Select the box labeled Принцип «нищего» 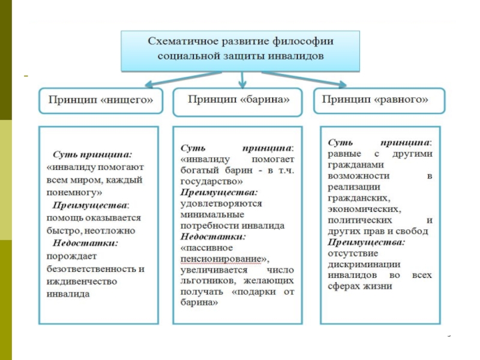(101, 101)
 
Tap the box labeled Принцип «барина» (238, 101)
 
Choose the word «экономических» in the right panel (359, 209)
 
